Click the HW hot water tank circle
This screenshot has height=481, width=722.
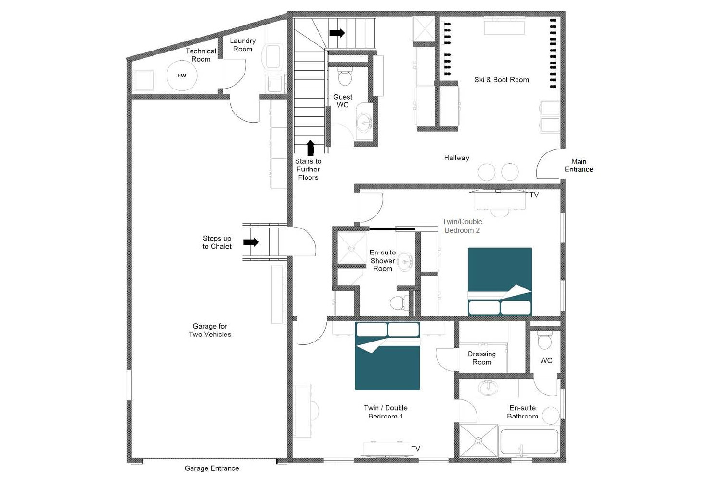(181, 76)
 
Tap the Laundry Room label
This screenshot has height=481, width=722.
(243, 45)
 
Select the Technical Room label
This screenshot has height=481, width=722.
(201, 55)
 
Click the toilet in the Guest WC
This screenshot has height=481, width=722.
(345, 76)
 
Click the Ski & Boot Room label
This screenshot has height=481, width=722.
(501, 80)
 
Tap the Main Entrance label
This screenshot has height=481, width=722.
(579, 165)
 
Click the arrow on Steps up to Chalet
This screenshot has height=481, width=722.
(251, 242)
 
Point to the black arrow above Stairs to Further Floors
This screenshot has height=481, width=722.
(310, 148)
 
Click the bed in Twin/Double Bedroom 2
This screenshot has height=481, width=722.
(500, 281)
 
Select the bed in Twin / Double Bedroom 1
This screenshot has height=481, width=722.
(387, 355)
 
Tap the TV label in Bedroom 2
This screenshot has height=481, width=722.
(534, 195)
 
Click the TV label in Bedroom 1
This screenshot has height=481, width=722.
(415, 449)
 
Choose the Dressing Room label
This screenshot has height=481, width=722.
(481, 358)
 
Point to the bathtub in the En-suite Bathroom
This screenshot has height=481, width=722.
(529, 442)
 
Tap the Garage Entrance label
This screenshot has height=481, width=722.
(212, 468)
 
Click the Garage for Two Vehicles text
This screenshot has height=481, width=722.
(210, 330)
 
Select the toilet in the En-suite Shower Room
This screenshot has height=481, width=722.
(398, 303)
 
